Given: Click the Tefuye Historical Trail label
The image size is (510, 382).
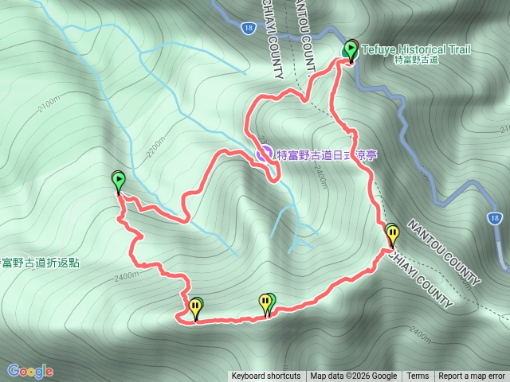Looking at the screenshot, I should (x=416, y=49).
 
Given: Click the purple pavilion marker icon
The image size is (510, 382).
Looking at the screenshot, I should (x=264, y=154).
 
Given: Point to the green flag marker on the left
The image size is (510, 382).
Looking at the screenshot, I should (x=119, y=181).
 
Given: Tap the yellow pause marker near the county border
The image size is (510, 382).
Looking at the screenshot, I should (x=392, y=234).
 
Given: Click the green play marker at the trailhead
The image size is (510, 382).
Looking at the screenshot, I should (x=350, y=50).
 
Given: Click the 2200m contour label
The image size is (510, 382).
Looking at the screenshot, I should (x=155, y=146).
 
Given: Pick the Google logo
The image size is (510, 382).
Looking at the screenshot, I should (x=30, y=371).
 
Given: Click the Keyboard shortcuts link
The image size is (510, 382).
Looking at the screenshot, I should (x=266, y=376).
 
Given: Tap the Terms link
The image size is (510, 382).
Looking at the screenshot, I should (x=418, y=376).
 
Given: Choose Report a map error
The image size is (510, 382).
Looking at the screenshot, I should (x=472, y=376).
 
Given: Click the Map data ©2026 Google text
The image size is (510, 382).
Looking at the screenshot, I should (x=354, y=376).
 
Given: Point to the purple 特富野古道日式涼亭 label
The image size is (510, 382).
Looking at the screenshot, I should (x=325, y=155).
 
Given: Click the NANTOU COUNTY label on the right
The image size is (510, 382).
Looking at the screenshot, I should (x=444, y=253).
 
